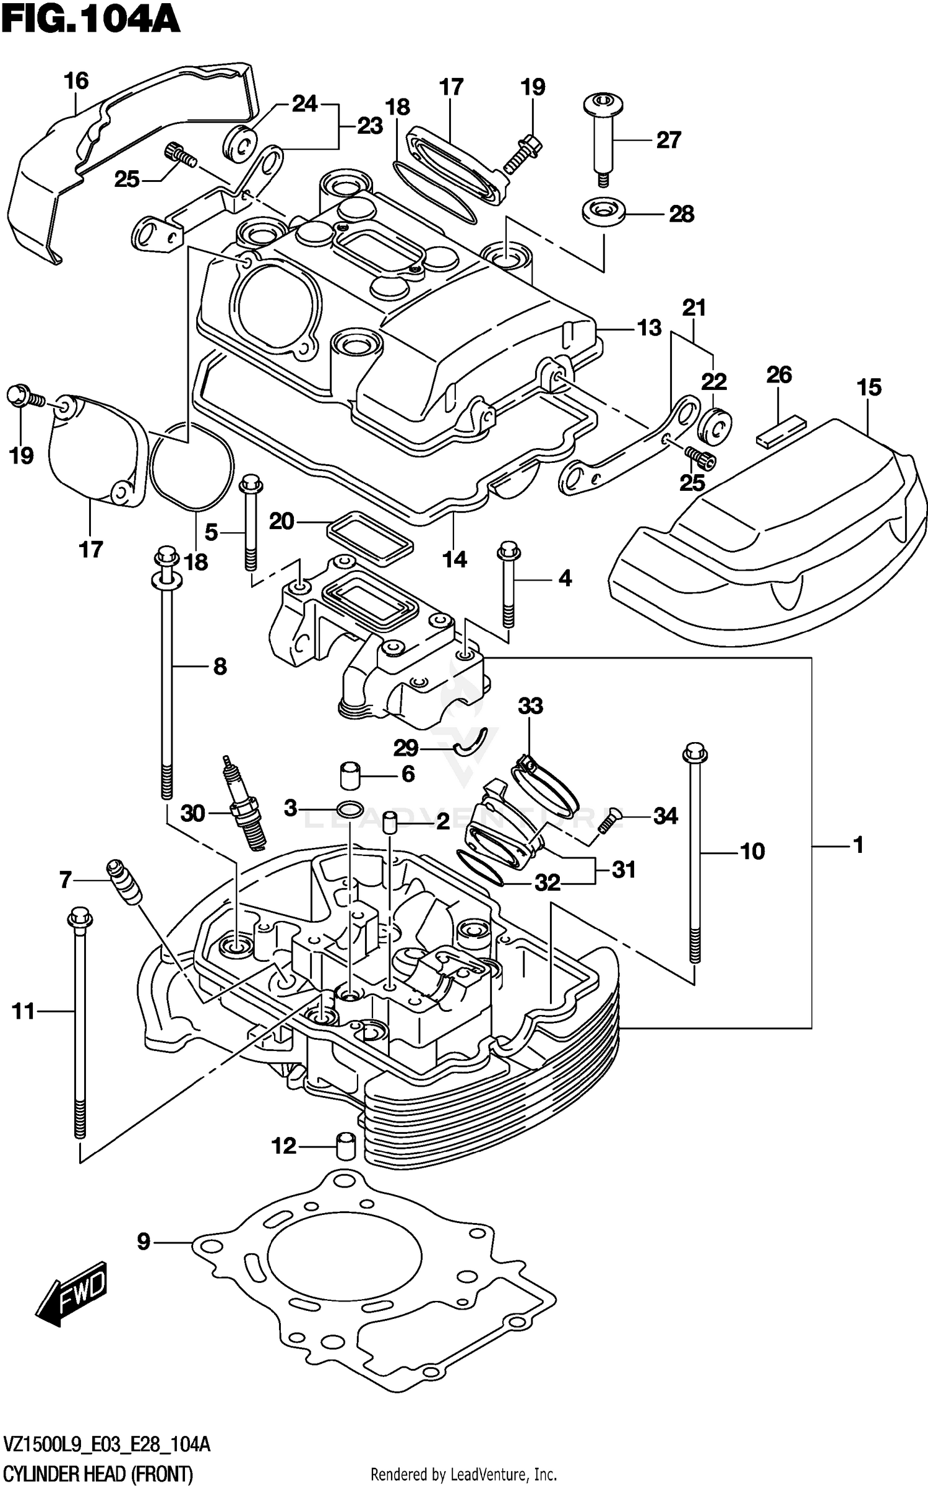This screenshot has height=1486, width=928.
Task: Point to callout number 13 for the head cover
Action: click(649, 327)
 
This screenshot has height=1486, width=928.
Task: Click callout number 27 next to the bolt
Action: click(668, 140)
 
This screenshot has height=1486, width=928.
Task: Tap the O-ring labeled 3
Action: click(350, 808)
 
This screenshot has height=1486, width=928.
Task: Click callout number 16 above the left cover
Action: click(76, 81)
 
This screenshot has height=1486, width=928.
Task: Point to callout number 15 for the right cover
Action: click(869, 387)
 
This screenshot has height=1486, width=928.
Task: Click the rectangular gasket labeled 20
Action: click(369, 537)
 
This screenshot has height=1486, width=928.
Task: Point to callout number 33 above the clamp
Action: click(530, 706)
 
